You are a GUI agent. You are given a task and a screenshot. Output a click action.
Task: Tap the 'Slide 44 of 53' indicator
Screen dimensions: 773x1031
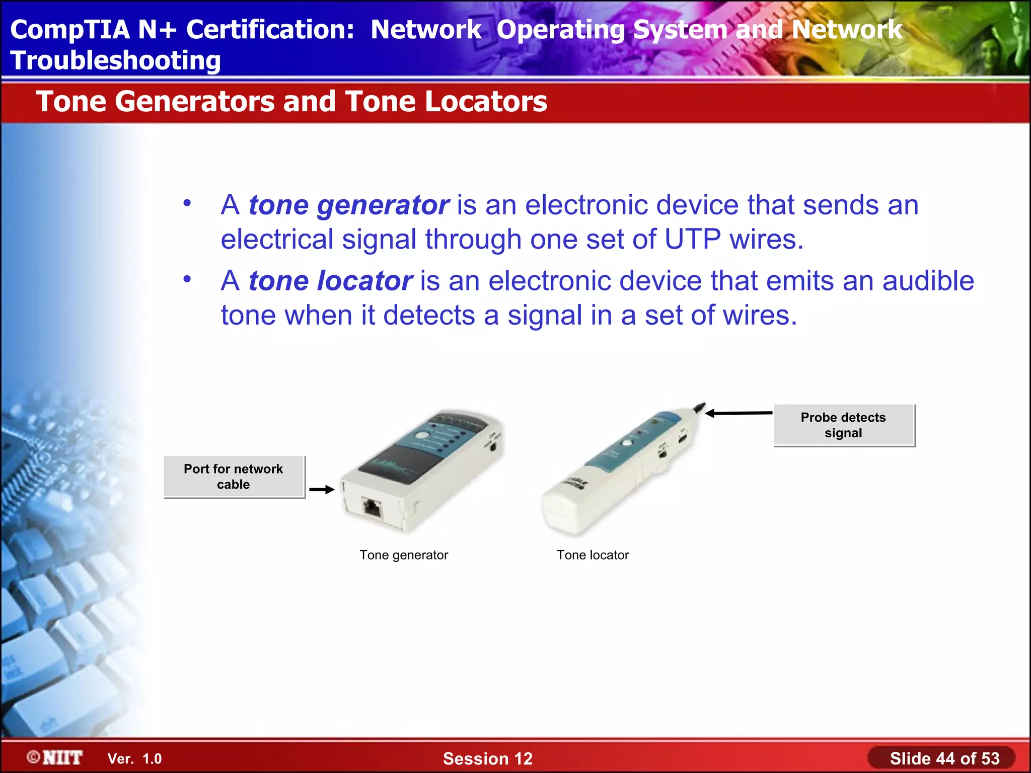(x=944, y=758)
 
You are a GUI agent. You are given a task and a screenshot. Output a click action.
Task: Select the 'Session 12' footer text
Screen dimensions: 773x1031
(x=487, y=758)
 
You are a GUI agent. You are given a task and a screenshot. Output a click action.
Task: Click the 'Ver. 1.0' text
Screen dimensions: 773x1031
(x=134, y=758)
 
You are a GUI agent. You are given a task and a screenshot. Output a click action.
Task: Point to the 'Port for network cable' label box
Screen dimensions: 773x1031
(x=234, y=477)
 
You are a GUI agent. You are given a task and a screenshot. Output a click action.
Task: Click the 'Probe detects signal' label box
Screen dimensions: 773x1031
(x=843, y=425)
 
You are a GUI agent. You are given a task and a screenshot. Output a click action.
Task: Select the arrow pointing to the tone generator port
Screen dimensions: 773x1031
(x=322, y=489)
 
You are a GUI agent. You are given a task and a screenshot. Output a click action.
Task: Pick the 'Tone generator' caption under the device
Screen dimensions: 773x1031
(x=403, y=555)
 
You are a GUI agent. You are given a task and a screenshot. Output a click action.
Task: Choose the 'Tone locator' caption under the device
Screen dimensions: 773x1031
(x=593, y=555)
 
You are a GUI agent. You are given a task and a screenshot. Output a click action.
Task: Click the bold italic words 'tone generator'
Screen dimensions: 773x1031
(x=348, y=205)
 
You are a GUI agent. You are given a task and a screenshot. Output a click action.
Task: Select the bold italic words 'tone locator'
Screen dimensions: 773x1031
(x=330, y=281)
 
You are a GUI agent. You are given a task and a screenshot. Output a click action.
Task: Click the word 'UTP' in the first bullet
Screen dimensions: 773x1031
(x=692, y=239)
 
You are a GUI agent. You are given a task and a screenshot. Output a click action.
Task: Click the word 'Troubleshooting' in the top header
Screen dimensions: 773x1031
(x=115, y=60)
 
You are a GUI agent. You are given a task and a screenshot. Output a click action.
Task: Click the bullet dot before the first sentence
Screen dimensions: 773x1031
(x=187, y=203)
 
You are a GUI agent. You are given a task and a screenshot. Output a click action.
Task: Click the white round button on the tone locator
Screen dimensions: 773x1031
(x=627, y=443)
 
